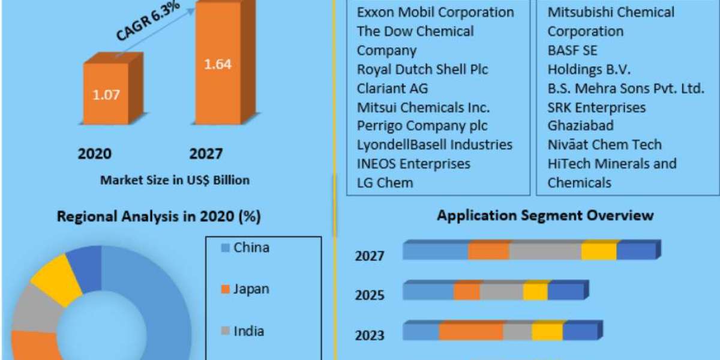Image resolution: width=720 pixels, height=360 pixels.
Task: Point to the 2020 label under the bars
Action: point(94,154)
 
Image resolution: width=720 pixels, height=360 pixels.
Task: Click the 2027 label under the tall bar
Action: point(206,154)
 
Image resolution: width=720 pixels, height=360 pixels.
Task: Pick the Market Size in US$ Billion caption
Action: point(175,179)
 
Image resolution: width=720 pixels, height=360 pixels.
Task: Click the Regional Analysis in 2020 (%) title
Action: point(158,217)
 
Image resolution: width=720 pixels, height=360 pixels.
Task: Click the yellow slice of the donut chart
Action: point(55,278)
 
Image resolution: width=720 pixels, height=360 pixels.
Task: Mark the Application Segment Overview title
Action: point(545,215)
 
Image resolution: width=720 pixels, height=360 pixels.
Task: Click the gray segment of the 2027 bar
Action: point(545,251)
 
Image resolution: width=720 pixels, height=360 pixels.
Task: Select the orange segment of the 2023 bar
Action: point(470,331)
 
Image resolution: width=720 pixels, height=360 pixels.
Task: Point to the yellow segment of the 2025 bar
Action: point(535,292)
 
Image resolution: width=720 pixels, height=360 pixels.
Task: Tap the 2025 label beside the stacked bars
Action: point(369,295)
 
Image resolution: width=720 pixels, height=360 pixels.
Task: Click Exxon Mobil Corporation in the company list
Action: point(435,12)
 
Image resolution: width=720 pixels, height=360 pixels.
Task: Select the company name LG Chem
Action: point(385,182)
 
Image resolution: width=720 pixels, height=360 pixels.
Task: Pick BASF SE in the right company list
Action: point(572,50)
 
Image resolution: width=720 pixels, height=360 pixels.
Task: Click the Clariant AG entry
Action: point(392,88)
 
